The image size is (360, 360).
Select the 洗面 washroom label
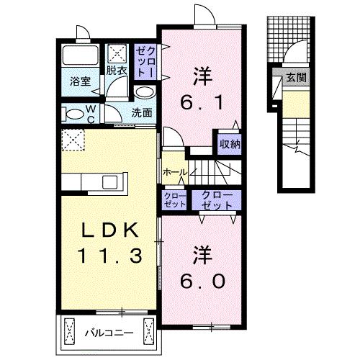point(142,112)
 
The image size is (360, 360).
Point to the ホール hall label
point(175,173)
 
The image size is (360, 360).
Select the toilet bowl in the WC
point(73,114)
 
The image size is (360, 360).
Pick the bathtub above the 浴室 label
point(79,55)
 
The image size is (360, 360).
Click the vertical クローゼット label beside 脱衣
point(143,61)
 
